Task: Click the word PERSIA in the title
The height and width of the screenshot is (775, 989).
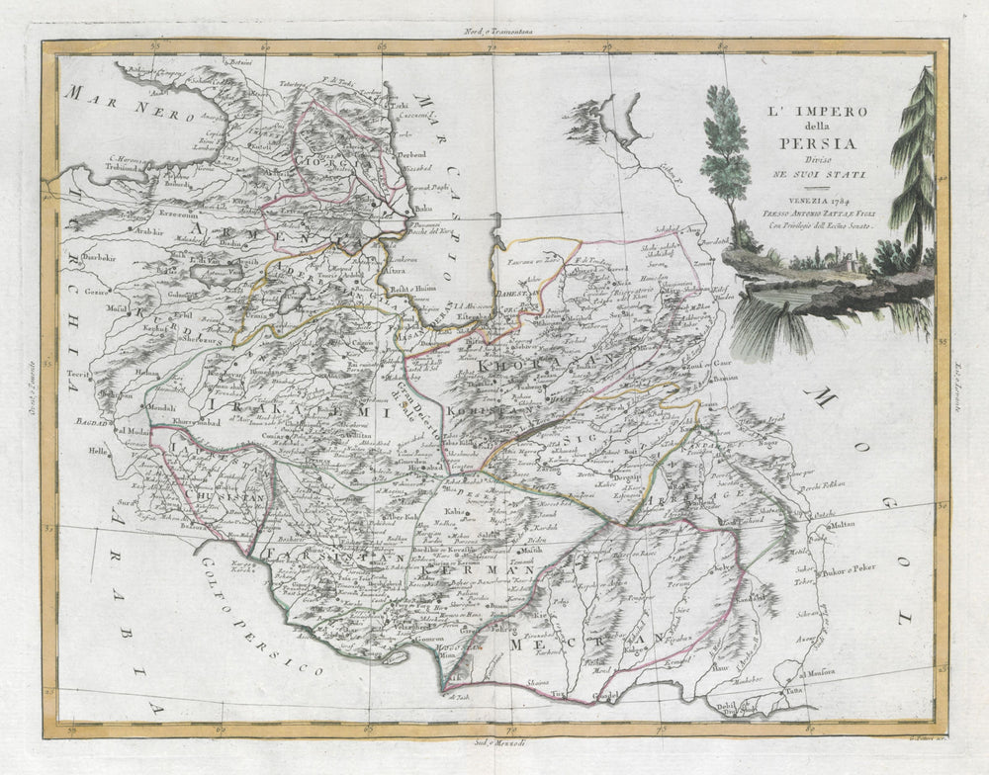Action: pos(803,139)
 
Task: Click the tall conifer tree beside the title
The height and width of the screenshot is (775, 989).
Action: pos(915,158)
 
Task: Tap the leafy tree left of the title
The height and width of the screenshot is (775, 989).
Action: pos(728,148)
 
